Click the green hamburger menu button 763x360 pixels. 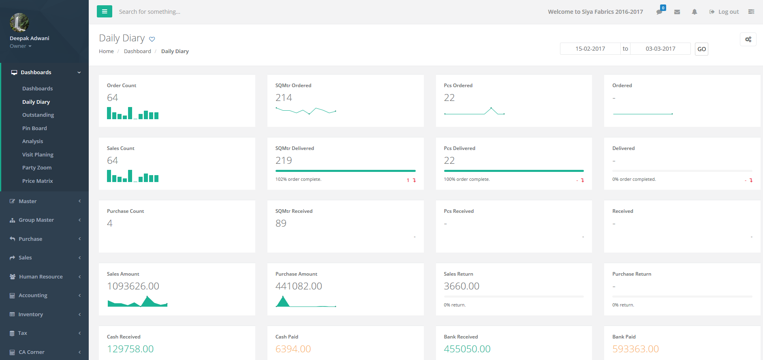(104, 11)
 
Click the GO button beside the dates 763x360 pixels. (701, 49)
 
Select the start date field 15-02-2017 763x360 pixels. (590, 49)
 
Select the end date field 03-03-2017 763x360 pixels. (660, 49)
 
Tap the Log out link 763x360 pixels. (724, 12)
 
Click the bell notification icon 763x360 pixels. (695, 12)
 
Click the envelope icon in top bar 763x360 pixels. (677, 12)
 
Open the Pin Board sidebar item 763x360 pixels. (34, 128)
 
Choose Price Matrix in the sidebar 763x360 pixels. (37, 181)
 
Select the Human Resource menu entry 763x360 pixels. (41, 276)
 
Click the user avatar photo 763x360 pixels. (19, 22)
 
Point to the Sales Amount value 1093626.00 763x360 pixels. (133, 286)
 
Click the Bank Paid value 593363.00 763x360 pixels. (635, 349)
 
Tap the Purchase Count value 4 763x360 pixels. (110, 223)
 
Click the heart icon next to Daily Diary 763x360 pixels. (152, 39)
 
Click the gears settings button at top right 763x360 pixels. (748, 39)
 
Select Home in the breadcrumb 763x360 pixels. (106, 51)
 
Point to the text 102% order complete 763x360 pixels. (298, 179)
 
